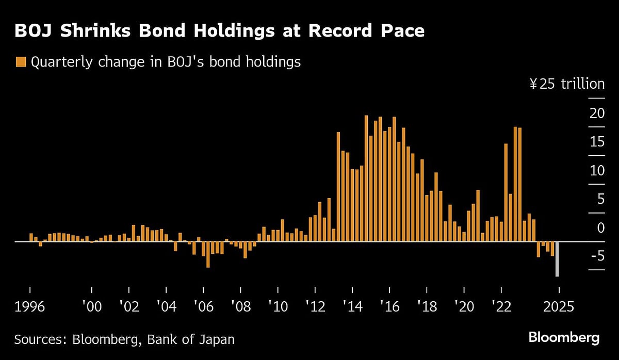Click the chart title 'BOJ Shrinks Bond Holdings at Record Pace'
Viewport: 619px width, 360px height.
(x=219, y=31)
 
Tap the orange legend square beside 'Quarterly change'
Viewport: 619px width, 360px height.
(x=21, y=62)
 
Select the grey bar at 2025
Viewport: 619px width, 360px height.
(x=557, y=259)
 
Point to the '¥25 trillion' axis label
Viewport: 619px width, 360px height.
(x=566, y=84)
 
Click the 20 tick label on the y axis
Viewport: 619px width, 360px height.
(x=597, y=113)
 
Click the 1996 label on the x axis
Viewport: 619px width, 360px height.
(x=30, y=307)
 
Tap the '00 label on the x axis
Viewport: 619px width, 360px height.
(x=91, y=307)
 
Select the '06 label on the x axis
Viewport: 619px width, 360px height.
(x=203, y=307)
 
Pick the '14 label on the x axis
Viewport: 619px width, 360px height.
(x=352, y=307)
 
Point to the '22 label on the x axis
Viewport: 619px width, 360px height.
(x=501, y=307)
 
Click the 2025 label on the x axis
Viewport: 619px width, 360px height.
(x=558, y=307)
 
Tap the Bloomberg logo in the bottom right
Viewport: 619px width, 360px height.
(x=564, y=338)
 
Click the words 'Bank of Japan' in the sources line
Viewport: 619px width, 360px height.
(x=190, y=339)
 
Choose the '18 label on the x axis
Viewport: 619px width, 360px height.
(x=427, y=307)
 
